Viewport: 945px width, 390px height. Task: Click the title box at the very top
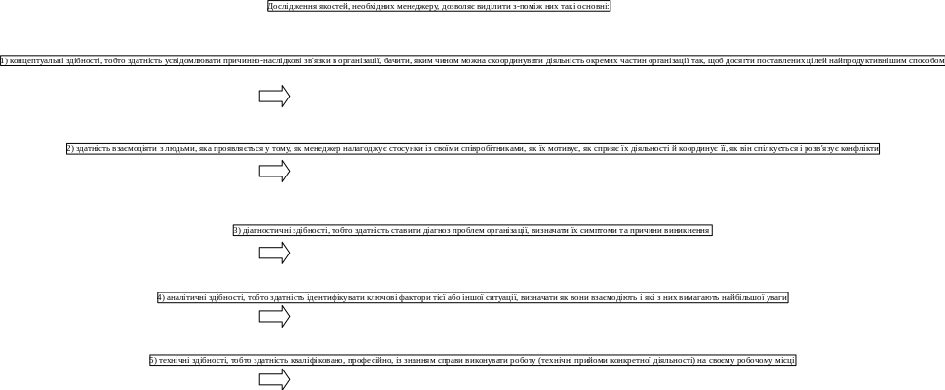point(439,6)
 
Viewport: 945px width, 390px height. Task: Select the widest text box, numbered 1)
point(472,59)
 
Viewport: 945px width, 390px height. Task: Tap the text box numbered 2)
point(472,149)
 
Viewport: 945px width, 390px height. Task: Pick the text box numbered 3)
point(472,231)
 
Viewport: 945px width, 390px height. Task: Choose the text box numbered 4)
point(472,296)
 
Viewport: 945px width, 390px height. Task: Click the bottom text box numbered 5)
point(472,361)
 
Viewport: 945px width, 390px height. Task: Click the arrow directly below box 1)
point(275,97)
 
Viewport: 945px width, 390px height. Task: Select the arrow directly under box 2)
point(275,172)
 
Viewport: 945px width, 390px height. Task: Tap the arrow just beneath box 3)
point(275,253)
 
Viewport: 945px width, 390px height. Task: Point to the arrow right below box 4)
point(275,316)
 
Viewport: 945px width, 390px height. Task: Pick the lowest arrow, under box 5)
point(275,379)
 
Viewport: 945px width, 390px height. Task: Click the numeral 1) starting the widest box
point(6,59)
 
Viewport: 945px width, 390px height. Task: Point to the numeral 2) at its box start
point(70,149)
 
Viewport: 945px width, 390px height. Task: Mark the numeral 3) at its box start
point(237,231)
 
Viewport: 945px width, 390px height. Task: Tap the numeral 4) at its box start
point(161,296)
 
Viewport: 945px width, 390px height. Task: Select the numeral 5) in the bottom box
point(153,361)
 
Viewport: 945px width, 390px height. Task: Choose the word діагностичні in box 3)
point(264,231)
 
